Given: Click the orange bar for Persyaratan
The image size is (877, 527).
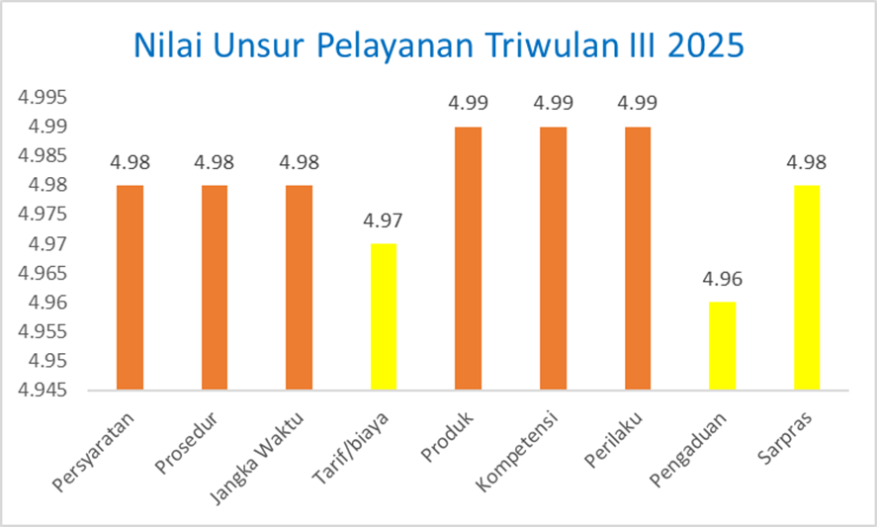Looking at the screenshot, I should pyautogui.click(x=130, y=287).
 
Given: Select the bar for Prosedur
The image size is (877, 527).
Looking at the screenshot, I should pyautogui.click(x=215, y=287).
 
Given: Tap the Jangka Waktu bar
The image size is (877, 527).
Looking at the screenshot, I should pyautogui.click(x=299, y=287).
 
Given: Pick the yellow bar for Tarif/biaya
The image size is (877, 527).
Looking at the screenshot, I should pyautogui.click(x=384, y=316).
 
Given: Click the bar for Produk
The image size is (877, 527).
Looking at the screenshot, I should pyautogui.click(x=468, y=257).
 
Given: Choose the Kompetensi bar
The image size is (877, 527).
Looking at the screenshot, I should pyautogui.click(x=553, y=257).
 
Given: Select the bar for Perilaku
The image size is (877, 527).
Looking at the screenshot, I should pyautogui.click(x=638, y=257).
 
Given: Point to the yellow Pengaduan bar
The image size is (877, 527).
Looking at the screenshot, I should pyautogui.click(x=722, y=346).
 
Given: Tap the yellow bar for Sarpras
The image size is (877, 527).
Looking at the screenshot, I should pyautogui.click(x=807, y=287).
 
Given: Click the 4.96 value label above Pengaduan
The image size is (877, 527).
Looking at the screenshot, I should pyautogui.click(x=722, y=280).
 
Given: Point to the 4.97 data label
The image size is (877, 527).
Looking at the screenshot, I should pyautogui.click(x=384, y=220).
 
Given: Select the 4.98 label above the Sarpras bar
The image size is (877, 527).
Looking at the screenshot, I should pyautogui.click(x=807, y=162).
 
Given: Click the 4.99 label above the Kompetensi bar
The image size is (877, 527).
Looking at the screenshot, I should pyautogui.click(x=553, y=103).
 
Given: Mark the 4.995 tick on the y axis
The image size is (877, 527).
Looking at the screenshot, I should pyautogui.click(x=41, y=97).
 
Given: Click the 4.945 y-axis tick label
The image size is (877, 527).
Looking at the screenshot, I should pyautogui.click(x=41, y=391).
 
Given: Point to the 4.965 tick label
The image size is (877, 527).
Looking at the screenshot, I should pyautogui.click(x=41, y=273).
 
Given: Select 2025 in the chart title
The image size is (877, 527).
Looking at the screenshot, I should pyautogui.click(x=705, y=46).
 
